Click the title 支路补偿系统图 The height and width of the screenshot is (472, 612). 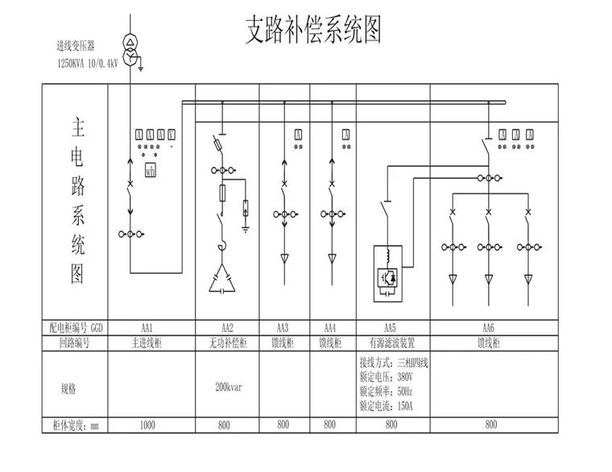[312, 31]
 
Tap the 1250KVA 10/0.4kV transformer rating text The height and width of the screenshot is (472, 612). [87, 62]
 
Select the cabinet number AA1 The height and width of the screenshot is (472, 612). [147, 328]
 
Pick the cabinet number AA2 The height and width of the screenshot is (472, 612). [227, 328]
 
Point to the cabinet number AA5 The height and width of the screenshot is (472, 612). [390, 328]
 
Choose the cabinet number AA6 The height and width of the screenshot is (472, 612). [487, 328]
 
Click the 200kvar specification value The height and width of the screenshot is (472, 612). [227, 387]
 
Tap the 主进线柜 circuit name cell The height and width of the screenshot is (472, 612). [147, 342]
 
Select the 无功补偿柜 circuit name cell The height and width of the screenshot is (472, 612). [227, 342]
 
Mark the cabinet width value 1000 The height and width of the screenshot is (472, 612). [147, 423]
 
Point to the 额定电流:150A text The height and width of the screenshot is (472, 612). [386, 405]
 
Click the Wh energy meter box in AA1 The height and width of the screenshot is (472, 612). [150, 170]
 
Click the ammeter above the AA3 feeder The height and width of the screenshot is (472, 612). [297, 135]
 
